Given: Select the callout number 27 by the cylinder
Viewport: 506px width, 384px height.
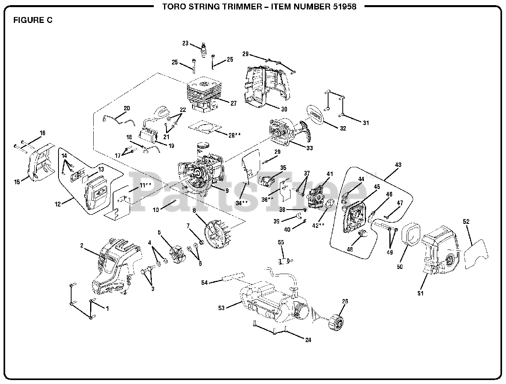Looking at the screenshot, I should point(233,103).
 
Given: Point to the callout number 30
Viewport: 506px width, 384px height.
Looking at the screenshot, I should point(284,109).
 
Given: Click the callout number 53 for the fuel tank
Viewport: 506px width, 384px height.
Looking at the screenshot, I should point(221,308).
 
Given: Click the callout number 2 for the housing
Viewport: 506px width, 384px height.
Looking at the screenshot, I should point(82,246).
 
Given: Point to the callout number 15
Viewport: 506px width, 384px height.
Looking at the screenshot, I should point(17,182).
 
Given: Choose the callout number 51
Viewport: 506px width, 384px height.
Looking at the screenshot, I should point(420,293).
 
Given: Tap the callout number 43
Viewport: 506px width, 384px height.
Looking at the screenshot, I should point(398,165).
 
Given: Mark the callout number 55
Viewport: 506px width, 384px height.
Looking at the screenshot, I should point(281,242).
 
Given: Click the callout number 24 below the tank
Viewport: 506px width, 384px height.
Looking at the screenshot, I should point(308,340).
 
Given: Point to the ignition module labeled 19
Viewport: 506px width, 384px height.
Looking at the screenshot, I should point(149,136).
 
